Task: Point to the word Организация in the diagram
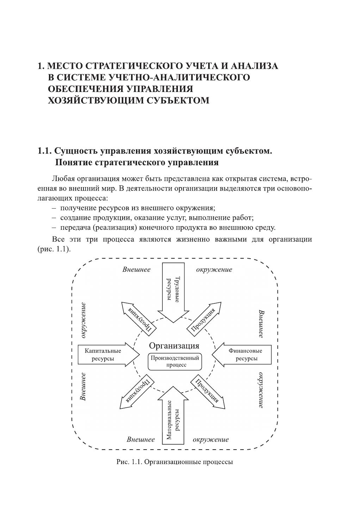click(x=174, y=345)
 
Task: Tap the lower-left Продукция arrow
click(x=138, y=392)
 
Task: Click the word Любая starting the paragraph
click(x=63, y=179)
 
